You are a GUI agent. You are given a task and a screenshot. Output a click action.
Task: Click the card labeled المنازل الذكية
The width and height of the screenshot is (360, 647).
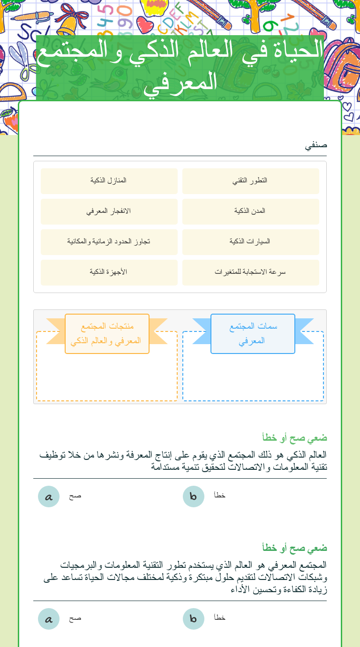coord(109,181)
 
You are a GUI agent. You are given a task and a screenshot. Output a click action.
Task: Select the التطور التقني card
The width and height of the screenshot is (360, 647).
coord(250,181)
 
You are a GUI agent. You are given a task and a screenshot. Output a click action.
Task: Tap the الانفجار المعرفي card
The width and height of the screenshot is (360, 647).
coord(109,211)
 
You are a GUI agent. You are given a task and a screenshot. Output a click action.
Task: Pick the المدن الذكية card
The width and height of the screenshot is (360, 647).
coord(250,211)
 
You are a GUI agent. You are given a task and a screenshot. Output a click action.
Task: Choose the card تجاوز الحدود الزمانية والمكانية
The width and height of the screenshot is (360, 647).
coord(109,241)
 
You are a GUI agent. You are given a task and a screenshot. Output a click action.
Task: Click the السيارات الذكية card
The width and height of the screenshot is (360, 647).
coord(250,241)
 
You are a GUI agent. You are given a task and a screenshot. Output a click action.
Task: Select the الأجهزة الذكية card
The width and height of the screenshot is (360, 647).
coord(109,272)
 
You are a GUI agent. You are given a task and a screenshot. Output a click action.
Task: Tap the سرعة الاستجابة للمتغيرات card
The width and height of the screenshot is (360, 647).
coord(250,272)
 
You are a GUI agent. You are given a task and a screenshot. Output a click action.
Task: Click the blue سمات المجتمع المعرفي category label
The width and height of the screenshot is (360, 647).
coord(253,333)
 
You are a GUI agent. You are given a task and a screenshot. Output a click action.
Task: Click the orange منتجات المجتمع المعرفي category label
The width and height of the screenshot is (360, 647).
coord(107,333)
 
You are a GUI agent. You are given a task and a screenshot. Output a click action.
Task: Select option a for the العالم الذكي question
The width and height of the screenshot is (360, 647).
coord(49,497)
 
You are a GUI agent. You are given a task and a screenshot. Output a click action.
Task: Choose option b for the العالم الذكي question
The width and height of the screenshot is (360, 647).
coord(193,497)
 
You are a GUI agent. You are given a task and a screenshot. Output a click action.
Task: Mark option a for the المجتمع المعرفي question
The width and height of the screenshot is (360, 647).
coord(49,619)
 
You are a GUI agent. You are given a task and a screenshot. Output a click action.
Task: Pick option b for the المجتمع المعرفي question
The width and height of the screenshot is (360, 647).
coord(193,619)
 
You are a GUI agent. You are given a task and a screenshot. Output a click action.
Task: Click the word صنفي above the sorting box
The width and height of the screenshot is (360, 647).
coord(316,145)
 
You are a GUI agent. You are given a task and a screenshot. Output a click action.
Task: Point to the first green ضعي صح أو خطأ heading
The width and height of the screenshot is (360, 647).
coord(294,438)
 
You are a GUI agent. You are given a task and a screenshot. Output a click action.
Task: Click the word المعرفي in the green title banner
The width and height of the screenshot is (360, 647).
coord(180,83)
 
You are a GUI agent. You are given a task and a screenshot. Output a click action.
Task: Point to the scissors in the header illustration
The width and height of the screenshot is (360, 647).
coord(22,59)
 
